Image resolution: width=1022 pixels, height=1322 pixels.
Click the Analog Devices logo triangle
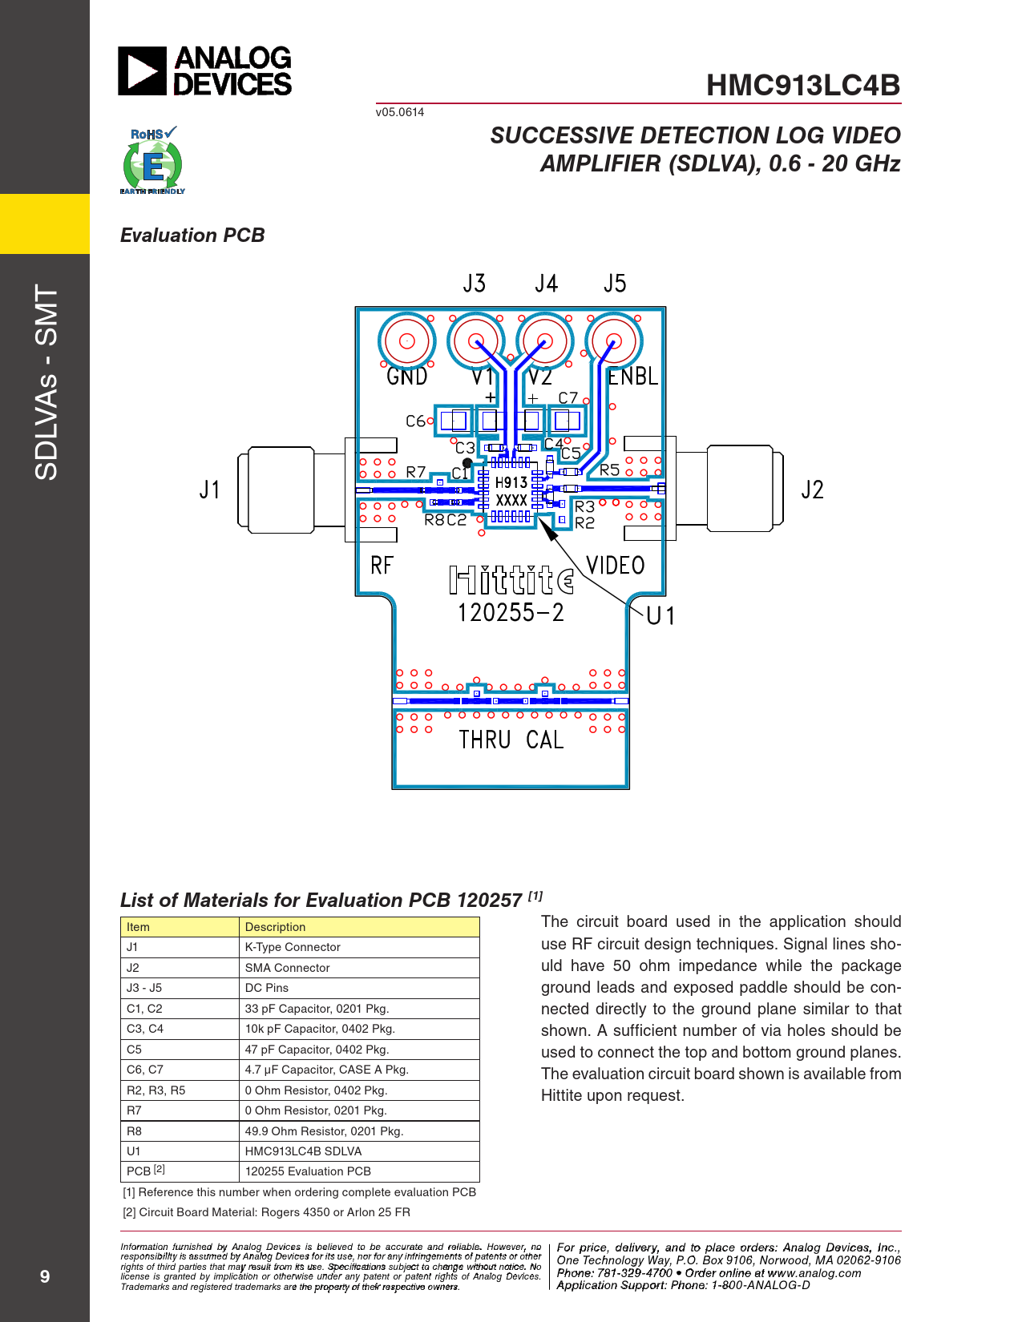(142, 71)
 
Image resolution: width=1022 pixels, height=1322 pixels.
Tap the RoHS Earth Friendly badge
(152, 160)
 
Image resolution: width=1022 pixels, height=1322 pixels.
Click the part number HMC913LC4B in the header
(803, 85)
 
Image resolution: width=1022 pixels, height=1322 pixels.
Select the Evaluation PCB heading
(192, 235)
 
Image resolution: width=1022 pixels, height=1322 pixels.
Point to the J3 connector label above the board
(475, 284)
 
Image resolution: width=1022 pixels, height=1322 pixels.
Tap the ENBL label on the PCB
(633, 377)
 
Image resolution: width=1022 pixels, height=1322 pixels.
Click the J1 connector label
(209, 490)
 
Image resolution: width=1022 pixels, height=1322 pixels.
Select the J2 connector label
(812, 490)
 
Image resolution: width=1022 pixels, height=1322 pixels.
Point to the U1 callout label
(660, 616)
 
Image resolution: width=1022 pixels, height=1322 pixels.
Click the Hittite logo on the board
(511, 580)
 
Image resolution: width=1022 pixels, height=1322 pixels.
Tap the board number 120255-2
(511, 613)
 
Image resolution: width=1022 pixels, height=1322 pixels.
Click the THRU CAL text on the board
(511, 740)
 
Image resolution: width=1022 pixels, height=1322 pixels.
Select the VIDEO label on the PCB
(616, 566)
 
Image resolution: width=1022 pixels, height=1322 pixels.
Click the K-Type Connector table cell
(359, 947)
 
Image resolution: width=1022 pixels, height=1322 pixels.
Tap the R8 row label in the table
(134, 1131)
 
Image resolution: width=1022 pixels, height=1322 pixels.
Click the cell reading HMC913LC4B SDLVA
(359, 1151)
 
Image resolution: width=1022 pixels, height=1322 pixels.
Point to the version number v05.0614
(400, 112)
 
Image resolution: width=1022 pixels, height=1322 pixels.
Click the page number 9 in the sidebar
(45, 1276)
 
